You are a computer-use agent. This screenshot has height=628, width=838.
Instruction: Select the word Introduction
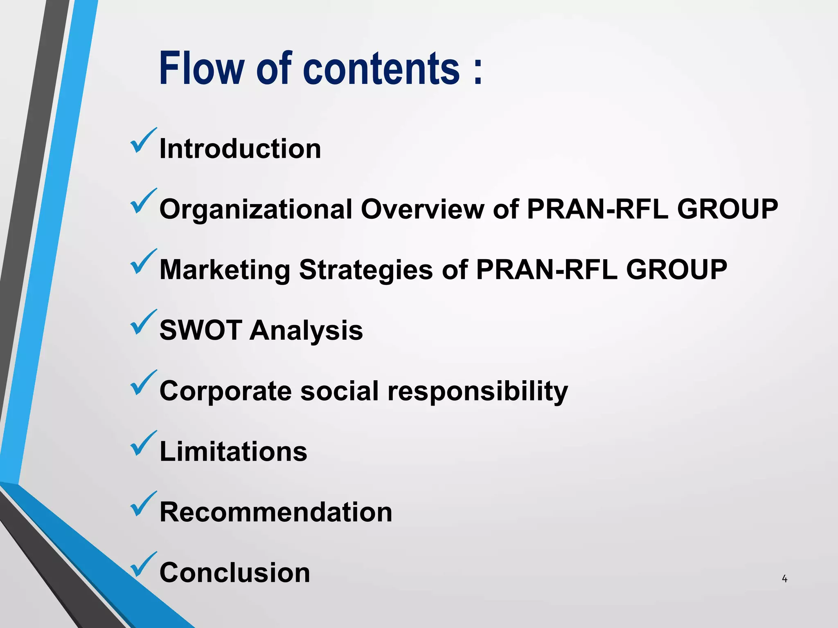click(x=240, y=148)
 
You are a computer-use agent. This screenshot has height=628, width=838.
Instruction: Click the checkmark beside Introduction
click(x=143, y=141)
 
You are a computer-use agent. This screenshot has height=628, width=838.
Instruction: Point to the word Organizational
click(x=256, y=209)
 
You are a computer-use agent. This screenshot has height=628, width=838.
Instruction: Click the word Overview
click(x=422, y=209)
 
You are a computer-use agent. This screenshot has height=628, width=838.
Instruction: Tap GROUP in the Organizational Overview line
click(x=727, y=209)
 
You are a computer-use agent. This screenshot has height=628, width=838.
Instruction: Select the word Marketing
click(x=225, y=270)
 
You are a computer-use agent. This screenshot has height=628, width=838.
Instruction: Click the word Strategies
click(x=366, y=270)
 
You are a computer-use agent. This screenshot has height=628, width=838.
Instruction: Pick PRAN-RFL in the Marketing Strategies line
click(x=547, y=269)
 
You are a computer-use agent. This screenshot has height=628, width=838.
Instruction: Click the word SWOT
click(x=200, y=330)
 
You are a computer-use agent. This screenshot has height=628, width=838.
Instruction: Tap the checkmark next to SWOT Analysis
click(x=143, y=323)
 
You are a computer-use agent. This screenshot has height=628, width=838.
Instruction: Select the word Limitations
click(x=233, y=451)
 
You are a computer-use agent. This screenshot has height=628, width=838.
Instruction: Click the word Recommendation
click(x=276, y=512)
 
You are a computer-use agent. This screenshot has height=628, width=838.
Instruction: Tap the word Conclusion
click(x=234, y=572)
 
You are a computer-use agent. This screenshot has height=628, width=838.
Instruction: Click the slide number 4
click(x=784, y=579)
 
